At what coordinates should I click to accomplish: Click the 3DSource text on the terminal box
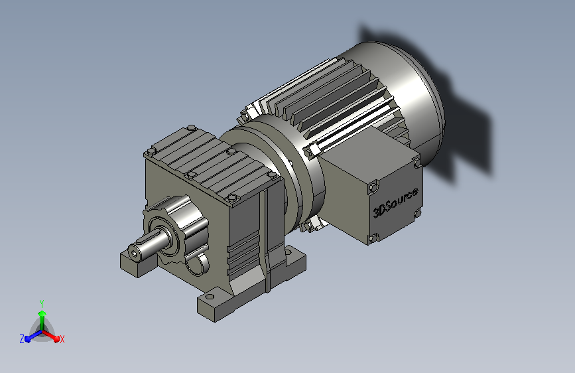(395, 202)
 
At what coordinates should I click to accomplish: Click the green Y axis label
(42, 303)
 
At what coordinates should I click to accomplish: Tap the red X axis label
(62, 340)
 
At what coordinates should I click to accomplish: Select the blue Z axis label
(22, 339)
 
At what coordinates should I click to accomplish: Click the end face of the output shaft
(134, 254)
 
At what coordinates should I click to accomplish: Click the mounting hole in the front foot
(209, 297)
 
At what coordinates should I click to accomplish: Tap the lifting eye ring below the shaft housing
(198, 264)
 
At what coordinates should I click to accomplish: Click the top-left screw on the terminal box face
(373, 188)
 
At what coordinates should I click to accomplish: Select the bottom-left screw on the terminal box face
(373, 238)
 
